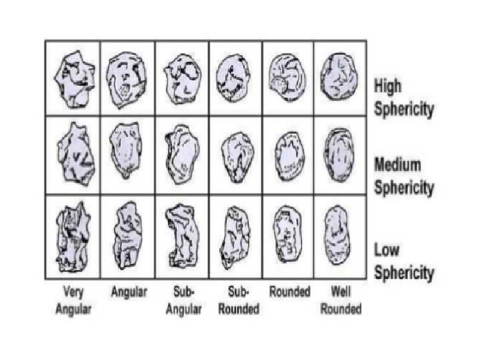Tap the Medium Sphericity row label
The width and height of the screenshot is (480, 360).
404,176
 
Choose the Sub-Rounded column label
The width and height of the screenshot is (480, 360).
235,299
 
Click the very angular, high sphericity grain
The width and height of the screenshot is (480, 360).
73,79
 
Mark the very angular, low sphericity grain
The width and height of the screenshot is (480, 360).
74,237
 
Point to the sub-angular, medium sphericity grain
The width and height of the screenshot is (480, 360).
181,155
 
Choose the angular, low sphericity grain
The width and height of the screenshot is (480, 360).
127,233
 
